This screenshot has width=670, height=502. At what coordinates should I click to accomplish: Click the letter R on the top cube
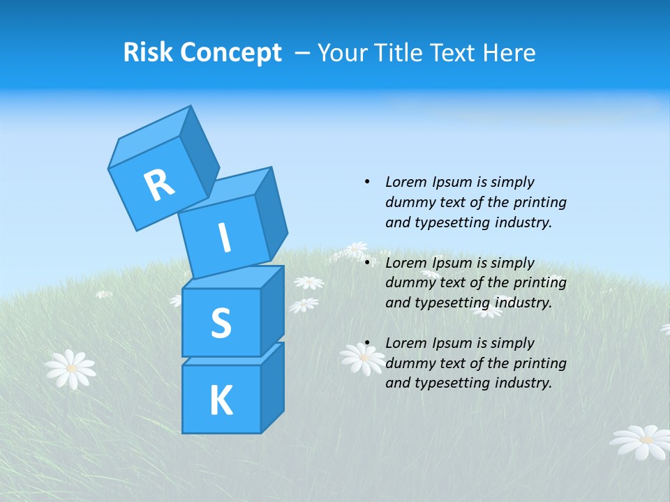[x=159, y=185]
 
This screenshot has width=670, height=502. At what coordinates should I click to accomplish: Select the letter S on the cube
[x=221, y=323]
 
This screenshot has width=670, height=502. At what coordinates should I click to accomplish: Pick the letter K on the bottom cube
[x=221, y=400]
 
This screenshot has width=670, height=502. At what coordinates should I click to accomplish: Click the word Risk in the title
[x=147, y=52]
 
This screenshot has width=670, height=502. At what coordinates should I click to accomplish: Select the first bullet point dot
[x=367, y=182]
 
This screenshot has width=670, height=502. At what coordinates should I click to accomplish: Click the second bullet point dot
[x=367, y=263]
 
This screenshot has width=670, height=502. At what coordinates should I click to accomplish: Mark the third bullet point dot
[x=367, y=343]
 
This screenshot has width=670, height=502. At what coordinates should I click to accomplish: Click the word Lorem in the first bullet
[x=405, y=182]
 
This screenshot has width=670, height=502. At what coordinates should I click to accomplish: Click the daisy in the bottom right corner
[x=640, y=441]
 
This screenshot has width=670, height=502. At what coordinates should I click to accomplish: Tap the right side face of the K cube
[x=272, y=387]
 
